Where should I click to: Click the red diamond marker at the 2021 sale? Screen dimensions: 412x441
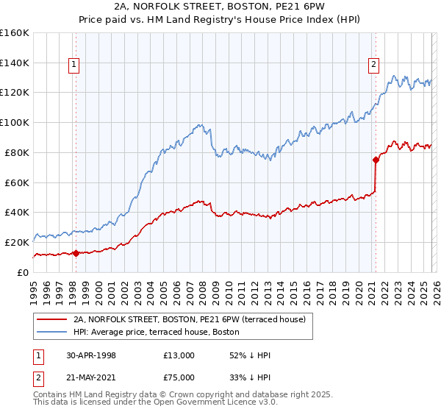(x=376, y=158)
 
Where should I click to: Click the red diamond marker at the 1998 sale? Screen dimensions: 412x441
(x=76, y=253)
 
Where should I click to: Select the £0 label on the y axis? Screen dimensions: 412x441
(x=22, y=271)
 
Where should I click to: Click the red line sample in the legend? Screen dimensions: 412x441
(x=51, y=319)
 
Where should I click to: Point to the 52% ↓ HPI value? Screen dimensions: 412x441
(x=250, y=355)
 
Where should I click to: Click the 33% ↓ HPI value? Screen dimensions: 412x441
(x=250, y=377)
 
